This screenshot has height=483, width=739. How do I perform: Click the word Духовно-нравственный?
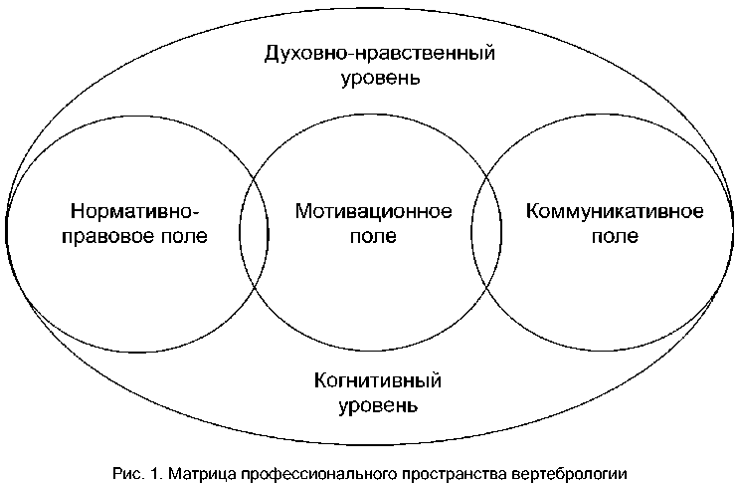(380, 53)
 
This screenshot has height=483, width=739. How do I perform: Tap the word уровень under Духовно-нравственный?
(380, 78)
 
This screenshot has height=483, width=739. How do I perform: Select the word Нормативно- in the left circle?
(136, 212)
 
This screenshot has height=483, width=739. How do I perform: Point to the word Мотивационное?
(374, 212)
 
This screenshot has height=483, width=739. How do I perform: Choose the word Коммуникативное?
(615, 212)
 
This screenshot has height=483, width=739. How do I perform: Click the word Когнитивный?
(377, 381)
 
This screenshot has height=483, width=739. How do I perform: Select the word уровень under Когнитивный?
(377, 406)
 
